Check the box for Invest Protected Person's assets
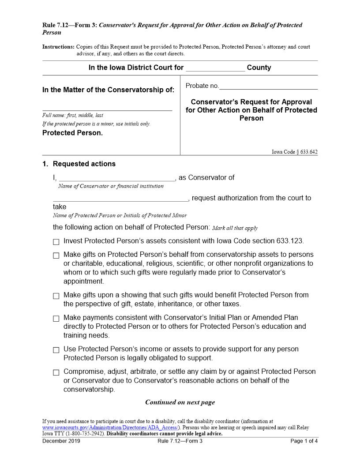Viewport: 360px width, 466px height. click(x=56, y=242)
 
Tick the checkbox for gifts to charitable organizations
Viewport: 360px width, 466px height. click(x=56, y=256)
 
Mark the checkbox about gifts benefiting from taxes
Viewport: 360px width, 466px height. click(x=56, y=296)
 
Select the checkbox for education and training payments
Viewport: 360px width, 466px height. click(x=56, y=318)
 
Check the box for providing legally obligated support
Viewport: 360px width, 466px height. click(x=56, y=350)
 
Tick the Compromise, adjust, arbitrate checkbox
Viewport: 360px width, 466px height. click(x=56, y=372)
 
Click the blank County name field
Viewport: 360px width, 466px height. click(x=215, y=68)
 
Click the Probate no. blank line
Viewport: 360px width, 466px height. click(x=268, y=86)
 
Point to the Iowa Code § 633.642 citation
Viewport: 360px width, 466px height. click(x=294, y=152)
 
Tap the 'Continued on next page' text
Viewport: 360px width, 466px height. click(x=180, y=402)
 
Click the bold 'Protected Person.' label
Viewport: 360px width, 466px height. click(x=72, y=133)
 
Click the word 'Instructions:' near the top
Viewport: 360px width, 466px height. click(x=58, y=47)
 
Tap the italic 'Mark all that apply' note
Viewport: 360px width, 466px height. click(x=235, y=228)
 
